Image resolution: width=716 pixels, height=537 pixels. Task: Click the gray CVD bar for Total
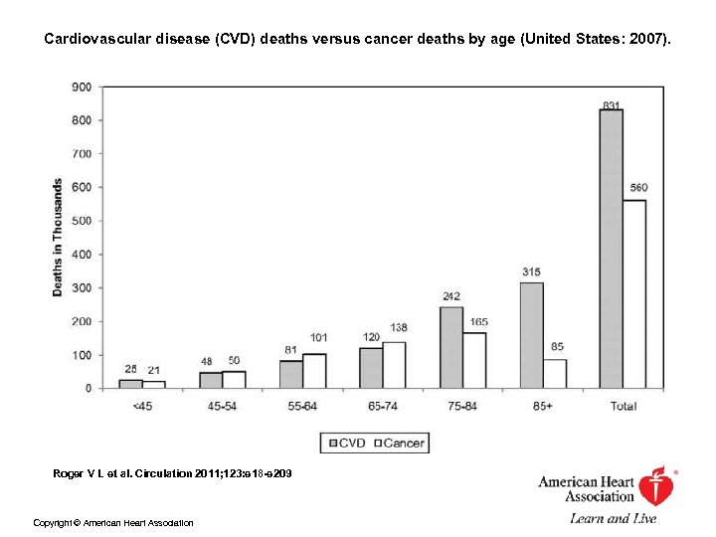tap(611, 249)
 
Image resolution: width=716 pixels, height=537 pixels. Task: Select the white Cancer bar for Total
tap(633, 293)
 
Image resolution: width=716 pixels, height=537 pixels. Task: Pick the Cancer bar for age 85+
tap(555, 373)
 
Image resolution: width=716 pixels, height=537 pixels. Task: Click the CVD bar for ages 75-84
tap(451, 347)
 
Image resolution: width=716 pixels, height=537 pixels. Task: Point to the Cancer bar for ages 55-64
tap(314, 371)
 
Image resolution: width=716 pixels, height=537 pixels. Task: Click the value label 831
tap(612, 105)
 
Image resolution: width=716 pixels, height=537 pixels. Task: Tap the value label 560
tap(638, 188)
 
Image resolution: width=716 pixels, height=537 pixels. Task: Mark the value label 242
tap(451, 295)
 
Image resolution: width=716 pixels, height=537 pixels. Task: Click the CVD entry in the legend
tap(345, 444)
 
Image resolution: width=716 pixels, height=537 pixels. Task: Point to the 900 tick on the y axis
tap(81, 87)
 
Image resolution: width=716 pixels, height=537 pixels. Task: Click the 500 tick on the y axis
tap(81, 221)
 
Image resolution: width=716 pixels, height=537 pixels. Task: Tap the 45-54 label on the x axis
tap(223, 406)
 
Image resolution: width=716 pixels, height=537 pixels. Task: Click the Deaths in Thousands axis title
tap(58, 237)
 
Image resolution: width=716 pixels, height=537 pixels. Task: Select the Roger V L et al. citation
tap(172, 473)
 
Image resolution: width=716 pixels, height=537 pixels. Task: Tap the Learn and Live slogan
tap(613, 518)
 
